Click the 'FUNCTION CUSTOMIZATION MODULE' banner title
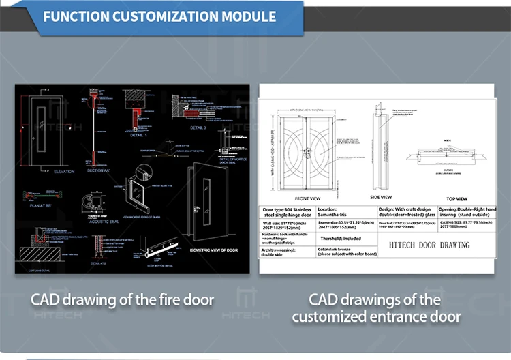(159, 16)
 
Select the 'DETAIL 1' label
(139, 136)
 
